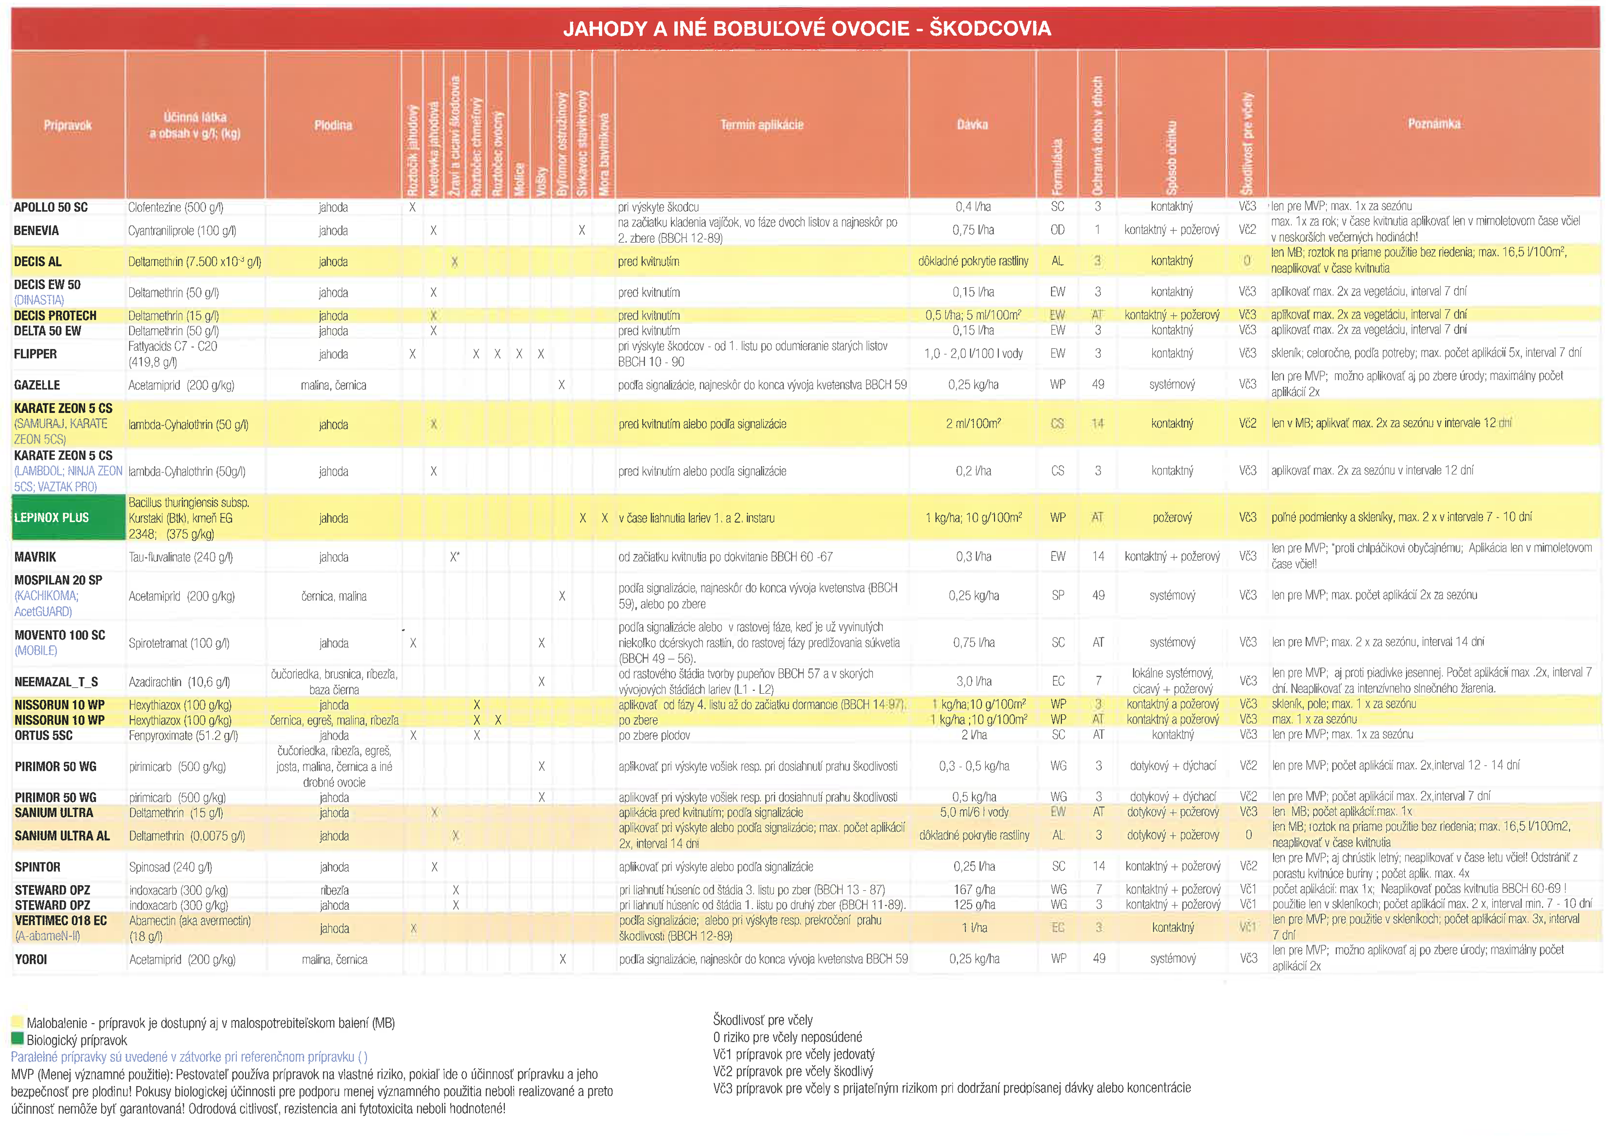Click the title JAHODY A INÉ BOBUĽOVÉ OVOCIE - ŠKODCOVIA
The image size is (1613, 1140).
click(806, 29)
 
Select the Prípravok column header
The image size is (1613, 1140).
click(68, 125)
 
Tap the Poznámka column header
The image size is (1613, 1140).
click(1433, 124)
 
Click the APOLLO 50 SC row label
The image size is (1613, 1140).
click(51, 207)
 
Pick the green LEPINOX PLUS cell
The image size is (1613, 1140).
click(68, 518)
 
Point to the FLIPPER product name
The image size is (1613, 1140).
click(35, 354)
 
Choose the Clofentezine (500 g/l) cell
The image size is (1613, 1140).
click(176, 207)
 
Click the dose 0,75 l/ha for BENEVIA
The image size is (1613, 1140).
click(973, 230)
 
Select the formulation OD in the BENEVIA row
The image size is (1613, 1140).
click(1057, 230)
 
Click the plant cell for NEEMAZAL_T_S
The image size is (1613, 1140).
click(334, 681)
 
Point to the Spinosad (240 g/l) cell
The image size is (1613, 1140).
click(171, 867)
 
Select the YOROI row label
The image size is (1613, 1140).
click(31, 959)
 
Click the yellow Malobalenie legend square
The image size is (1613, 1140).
click(17, 1022)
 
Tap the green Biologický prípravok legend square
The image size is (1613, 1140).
click(17, 1039)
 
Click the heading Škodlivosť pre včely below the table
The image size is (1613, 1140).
click(762, 1020)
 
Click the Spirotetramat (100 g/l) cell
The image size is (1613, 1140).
click(179, 643)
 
